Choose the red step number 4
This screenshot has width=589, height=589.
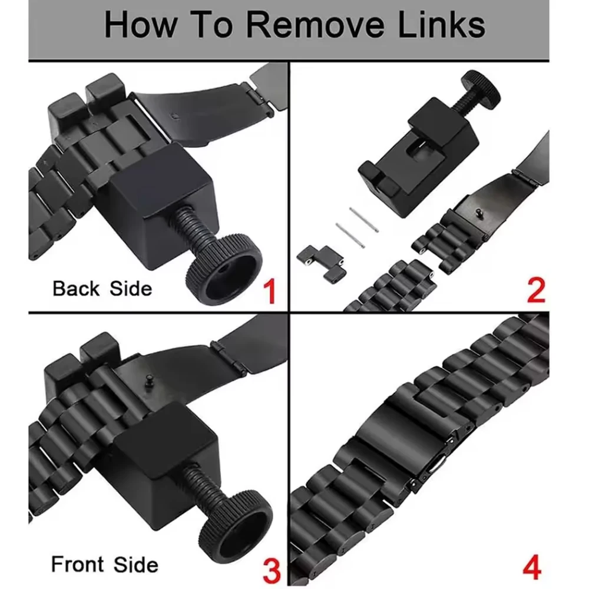532,569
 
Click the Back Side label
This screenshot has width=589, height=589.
102,289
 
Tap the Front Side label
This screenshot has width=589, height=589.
104,565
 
